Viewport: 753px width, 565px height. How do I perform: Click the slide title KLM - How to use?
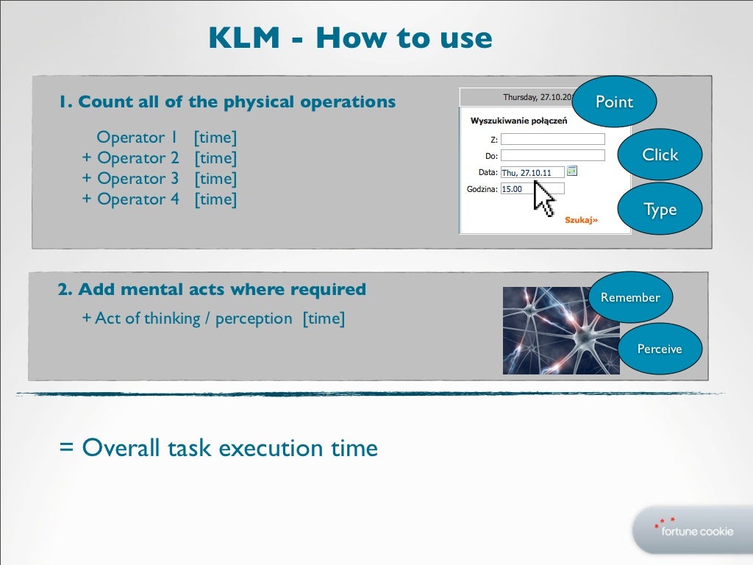pyautogui.click(x=349, y=38)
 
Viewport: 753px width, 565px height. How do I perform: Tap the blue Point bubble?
pyautogui.click(x=614, y=102)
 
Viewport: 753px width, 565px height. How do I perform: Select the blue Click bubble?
pyautogui.click(x=660, y=154)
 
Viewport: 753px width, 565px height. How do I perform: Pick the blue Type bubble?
pyautogui.click(x=660, y=210)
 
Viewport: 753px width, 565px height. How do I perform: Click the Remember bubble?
pyautogui.click(x=630, y=297)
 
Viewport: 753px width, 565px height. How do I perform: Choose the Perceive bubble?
pyautogui.click(x=660, y=349)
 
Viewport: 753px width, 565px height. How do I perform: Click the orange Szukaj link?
pyautogui.click(x=581, y=219)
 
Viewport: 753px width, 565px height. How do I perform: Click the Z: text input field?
pyautogui.click(x=552, y=139)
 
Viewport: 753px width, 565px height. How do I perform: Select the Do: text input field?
pyautogui.click(x=552, y=155)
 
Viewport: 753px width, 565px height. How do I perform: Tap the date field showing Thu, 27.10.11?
pyautogui.click(x=532, y=172)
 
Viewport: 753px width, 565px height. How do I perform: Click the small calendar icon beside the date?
pyautogui.click(x=572, y=171)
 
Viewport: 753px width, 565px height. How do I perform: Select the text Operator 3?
pyautogui.click(x=138, y=179)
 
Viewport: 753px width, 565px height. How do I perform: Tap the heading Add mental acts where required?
pyautogui.click(x=212, y=290)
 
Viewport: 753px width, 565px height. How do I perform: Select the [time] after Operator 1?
pyautogui.click(x=215, y=138)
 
